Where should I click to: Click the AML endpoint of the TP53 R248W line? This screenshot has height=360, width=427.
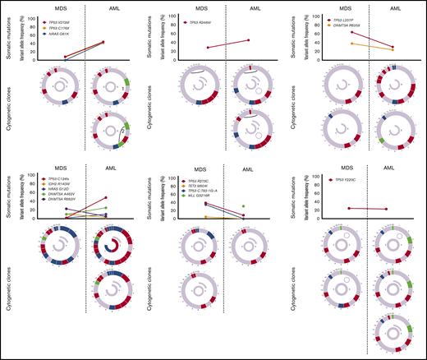pos(248,40)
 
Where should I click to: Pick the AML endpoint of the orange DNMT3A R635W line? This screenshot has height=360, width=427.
pos(392,50)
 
